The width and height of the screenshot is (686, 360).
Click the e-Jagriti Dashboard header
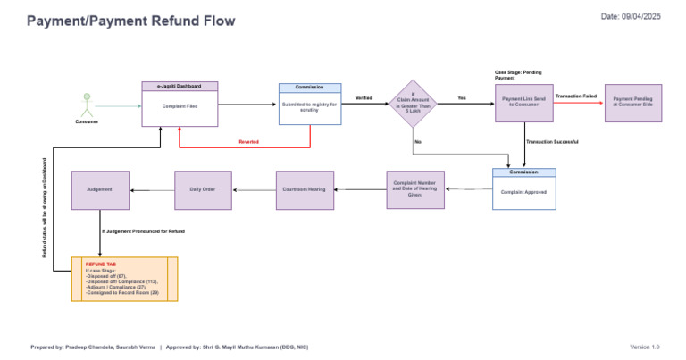pos(180,87)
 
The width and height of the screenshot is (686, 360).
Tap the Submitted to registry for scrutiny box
pos(309,108)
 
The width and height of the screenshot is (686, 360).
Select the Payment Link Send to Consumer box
pos(523,103)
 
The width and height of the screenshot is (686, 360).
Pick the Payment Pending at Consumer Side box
pos(632,103)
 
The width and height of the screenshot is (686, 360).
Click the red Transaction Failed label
pos(575,96)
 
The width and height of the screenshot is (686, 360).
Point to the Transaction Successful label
pos(551,142)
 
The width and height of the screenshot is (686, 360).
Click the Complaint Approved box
pos(523,192)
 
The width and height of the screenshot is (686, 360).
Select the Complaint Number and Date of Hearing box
pos(414,190)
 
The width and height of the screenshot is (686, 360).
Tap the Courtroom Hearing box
pos(304,190)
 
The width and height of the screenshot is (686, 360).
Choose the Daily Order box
pos(203,190)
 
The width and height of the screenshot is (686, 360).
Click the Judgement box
pos(100,190)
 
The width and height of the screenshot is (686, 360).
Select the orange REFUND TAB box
pos(124,279)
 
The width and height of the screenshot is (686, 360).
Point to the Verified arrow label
pos(364,97)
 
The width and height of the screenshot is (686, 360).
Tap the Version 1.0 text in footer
pos(644,347)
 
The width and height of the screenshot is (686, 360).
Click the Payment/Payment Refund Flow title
pos(131,21)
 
